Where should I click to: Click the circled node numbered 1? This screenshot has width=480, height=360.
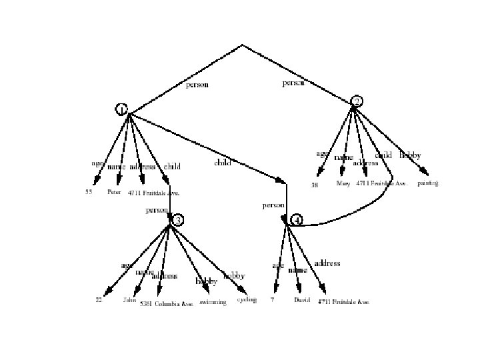coord(121,109)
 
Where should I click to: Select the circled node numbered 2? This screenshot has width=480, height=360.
coord(357,101)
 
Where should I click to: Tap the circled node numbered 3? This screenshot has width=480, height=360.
coord(177,220)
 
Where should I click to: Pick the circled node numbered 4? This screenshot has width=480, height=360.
coord(297,219)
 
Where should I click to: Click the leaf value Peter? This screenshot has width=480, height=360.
coord(113,192)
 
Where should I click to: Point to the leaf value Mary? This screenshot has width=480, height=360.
coord(343,183)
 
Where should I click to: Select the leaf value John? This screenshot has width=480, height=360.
coord(129,300)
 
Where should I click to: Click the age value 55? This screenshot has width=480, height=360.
coord(89,192)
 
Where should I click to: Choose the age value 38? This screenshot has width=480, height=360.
coord(315,185)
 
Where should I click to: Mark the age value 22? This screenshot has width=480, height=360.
coord(98,300)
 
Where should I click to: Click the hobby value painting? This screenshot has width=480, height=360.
coord(428,183)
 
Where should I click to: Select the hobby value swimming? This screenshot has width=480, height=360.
coord(213,302)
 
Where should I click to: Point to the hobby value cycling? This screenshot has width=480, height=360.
coord(247,300)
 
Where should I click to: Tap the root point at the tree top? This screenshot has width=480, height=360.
coord(242,45)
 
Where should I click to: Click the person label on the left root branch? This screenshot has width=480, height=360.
coord(197,85)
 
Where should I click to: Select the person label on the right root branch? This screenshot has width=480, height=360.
coord(293,83)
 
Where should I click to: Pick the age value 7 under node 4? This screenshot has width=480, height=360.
coord(272,300)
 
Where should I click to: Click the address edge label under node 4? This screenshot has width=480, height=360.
coord(327,263)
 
